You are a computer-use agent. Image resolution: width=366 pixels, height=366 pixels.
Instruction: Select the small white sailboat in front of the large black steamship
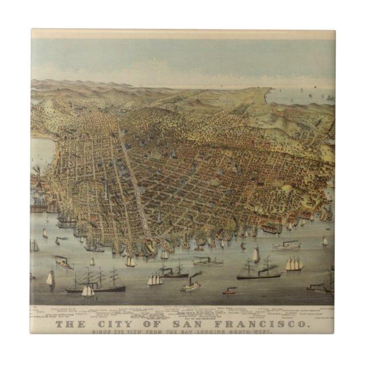[88, 291]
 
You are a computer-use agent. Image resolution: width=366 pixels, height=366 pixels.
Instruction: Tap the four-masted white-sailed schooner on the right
[294, 264]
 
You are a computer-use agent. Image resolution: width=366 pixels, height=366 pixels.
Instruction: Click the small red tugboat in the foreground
[229, 292]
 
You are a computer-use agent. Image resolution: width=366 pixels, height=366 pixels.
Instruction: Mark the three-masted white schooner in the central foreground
[155, 280]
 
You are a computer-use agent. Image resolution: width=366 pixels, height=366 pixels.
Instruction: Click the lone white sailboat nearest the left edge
[50, 278]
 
